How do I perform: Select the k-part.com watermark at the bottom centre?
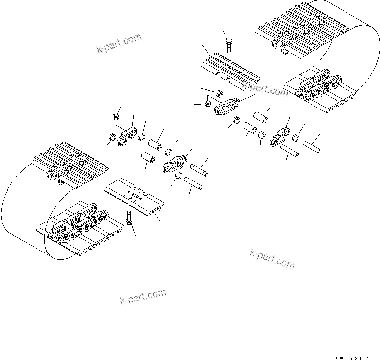click(143, 297)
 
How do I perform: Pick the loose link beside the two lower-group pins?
click(175, 164)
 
